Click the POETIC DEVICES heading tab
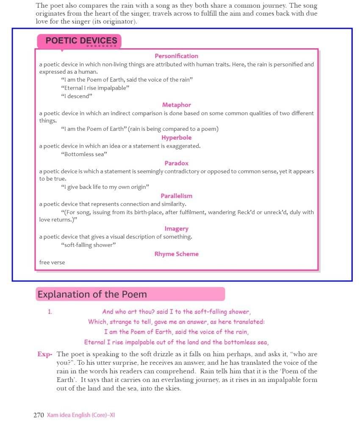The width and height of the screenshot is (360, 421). [81, 41]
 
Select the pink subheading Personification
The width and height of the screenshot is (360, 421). [176, 56]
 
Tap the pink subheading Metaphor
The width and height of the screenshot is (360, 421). [176, 105]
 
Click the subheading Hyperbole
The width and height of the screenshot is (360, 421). [176, 138]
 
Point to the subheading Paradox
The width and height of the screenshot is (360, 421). [176, 163]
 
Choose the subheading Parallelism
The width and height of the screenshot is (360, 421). [176, 196]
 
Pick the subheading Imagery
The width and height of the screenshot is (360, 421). [176, 228]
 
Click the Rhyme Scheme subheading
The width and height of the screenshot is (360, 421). [176, 254]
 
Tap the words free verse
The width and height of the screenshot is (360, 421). [52, 262]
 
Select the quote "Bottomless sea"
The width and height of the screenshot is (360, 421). [84, 154]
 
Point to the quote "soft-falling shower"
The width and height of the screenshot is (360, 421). [88, 245]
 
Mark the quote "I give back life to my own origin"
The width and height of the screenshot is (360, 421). [105, 187]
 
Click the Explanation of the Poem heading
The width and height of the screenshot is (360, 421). [92, 294]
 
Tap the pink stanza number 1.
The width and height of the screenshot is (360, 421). [50, 312]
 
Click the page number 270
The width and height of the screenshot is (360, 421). [39, 415]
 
